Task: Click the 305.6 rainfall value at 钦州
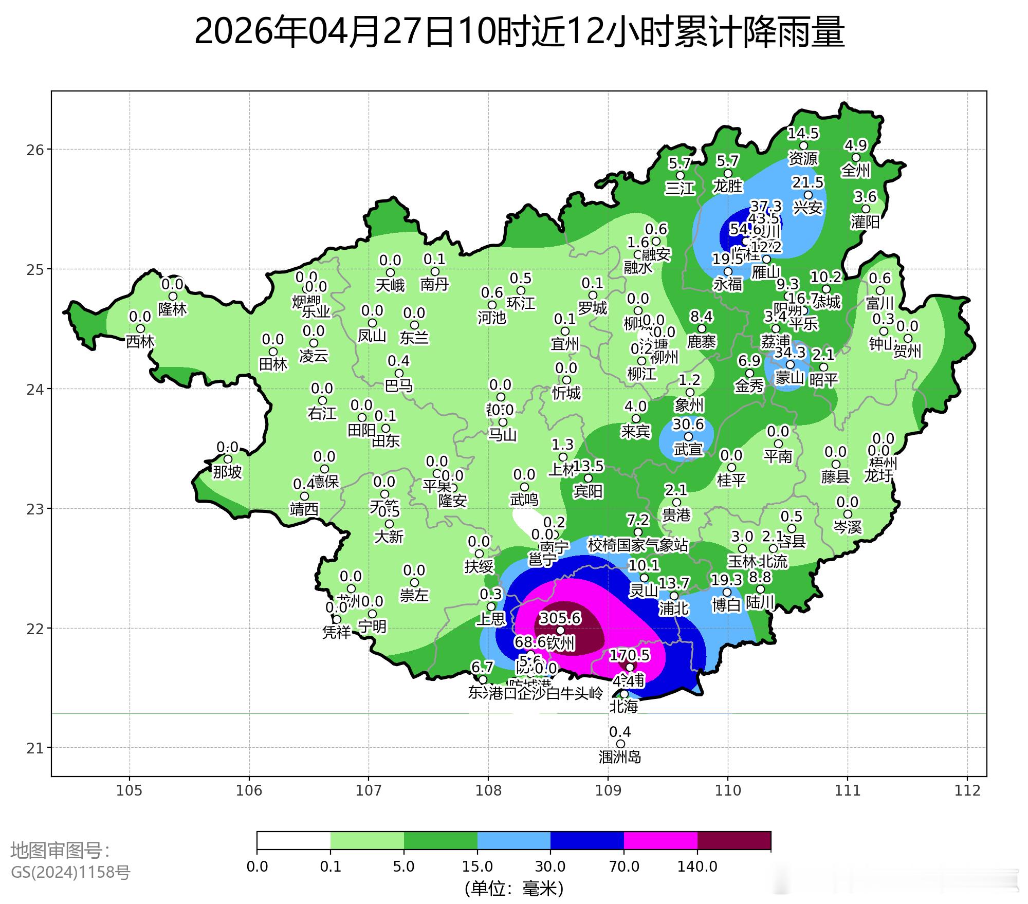pyautogui.click(x=560, y=618)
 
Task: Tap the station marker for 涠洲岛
pyautogui.click(x=620, y=744)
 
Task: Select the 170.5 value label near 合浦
pyautogui.click(x=629, y=655)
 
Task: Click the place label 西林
pyautogui.click(x=140, y=341)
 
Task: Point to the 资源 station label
pyautogui.click(x=803, y=158)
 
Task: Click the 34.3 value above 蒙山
pyautogui.click(x=790, y=353)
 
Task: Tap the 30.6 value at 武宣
pyautogui.click(x=688, y=424)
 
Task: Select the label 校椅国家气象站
pyautogui.click(x=637, y=545)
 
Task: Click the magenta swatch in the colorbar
pyautogui.click(x=660, y=841)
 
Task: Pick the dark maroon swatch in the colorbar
pyautogui.click(x=734, y=841)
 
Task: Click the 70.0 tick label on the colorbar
pyautogui.click(x=624, y=867)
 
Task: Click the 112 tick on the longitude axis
pyautogui.click(x=967, y=790)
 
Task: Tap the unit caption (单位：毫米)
pyautogui.click(x=514, y=888)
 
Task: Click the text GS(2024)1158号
pyautogui.click(x=70, y=872)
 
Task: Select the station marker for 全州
pyautogui.click(x=856, y=158)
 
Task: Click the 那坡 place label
pyautogui.click(x=227, y=472)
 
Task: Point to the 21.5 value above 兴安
pyautogui.click(x=807, y=182)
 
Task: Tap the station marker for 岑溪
pyautogui.click(x=848, y=514)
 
